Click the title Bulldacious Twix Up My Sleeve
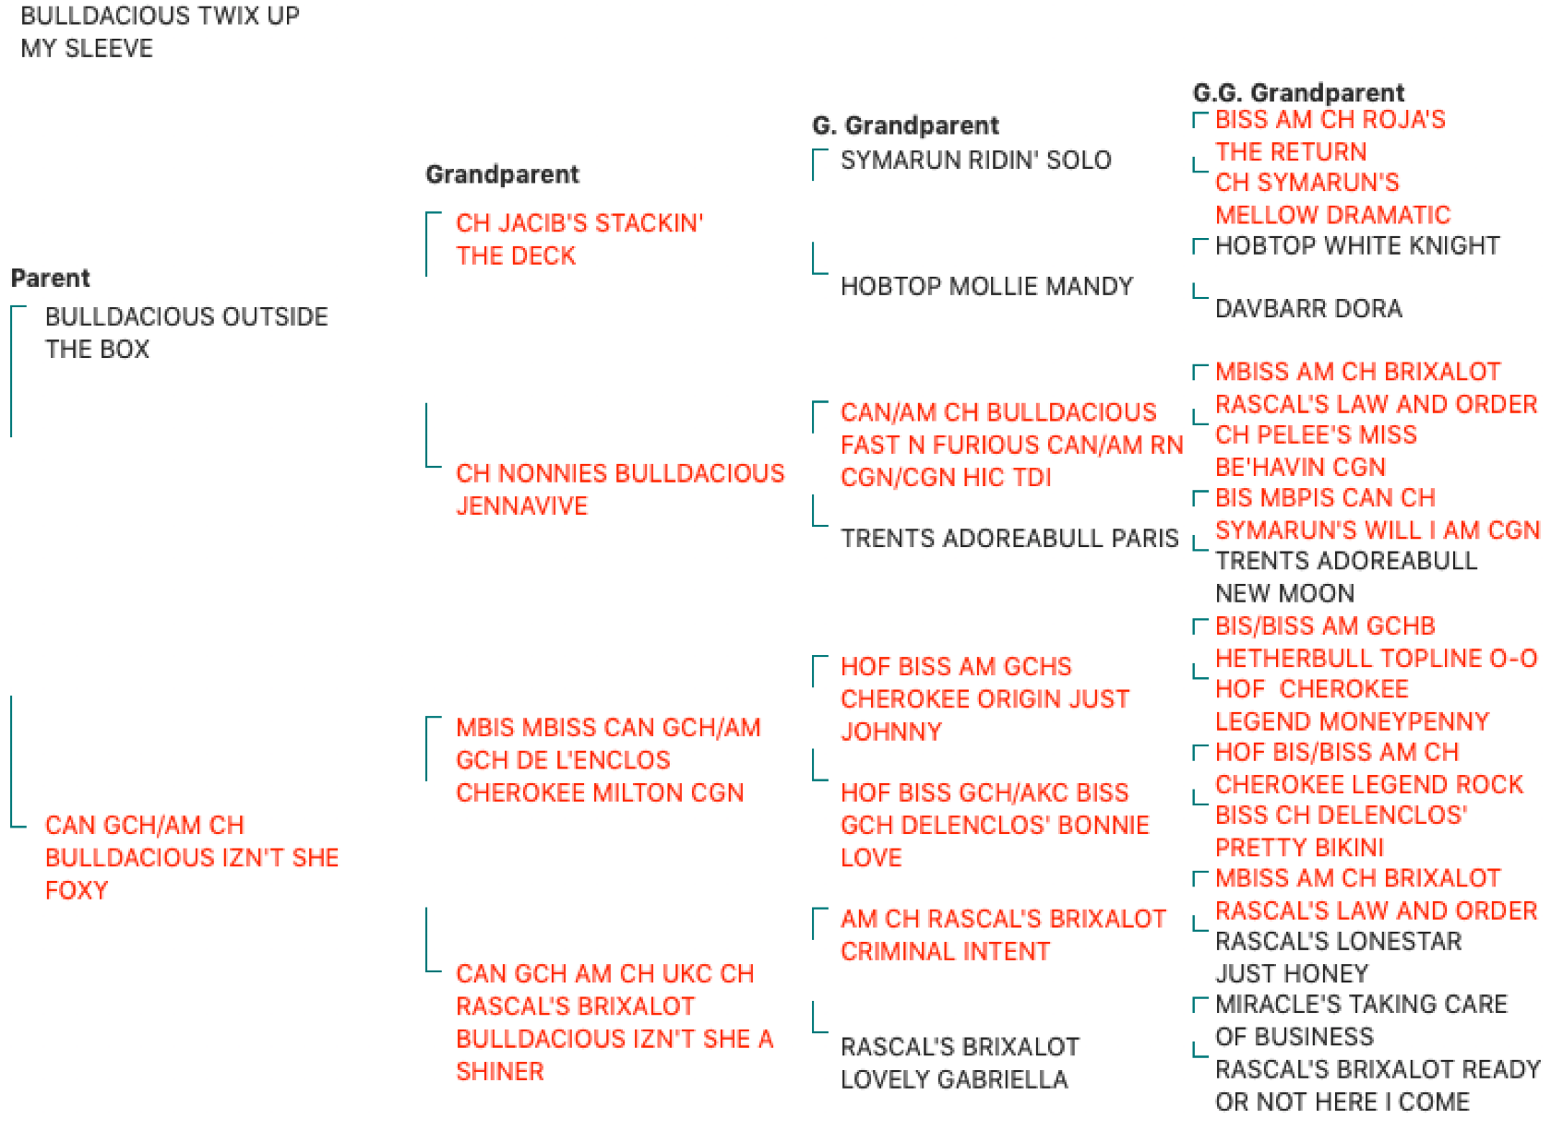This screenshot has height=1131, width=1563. point(160,32)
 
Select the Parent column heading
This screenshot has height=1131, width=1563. point(50,279)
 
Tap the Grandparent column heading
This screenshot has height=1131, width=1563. point(502,173)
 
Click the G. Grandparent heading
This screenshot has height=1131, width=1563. point(906,125)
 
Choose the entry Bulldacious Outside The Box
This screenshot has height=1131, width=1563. point(186,333)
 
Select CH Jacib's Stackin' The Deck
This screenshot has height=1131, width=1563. point(579,239)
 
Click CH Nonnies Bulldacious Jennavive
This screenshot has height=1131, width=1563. point(620,489)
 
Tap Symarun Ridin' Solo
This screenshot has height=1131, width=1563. point(976,161)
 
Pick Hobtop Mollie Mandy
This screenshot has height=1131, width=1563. point(987,286)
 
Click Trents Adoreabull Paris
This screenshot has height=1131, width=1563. point(1009,538)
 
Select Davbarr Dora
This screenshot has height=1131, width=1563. point(1309,308)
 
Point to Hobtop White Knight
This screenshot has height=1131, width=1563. point(1358,245)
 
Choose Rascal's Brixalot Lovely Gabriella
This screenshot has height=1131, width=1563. point(960,1063)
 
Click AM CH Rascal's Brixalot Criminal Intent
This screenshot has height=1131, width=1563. point(1003,935)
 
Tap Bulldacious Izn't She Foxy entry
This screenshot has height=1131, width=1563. point(192,858)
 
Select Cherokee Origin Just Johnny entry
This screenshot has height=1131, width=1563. point(985,698)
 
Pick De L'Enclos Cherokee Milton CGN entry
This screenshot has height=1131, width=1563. point(608,760)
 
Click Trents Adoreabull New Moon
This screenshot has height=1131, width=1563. point(1346,577)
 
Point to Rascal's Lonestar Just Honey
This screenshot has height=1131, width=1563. point(1338,958)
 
